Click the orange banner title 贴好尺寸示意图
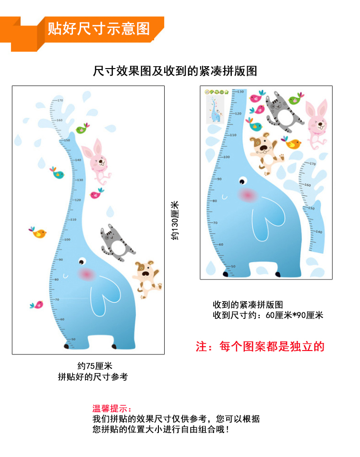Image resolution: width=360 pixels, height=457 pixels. (98, 28)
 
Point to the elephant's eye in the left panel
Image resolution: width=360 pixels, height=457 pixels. (82, 262)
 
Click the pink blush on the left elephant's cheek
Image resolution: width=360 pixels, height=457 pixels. (87, 274)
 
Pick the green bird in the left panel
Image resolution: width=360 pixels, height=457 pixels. (84, 128)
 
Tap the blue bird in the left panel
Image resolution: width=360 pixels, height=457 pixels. (58, 173)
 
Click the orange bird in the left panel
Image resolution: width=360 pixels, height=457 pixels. (38, 233)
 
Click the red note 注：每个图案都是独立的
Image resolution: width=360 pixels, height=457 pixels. (260, 347)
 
